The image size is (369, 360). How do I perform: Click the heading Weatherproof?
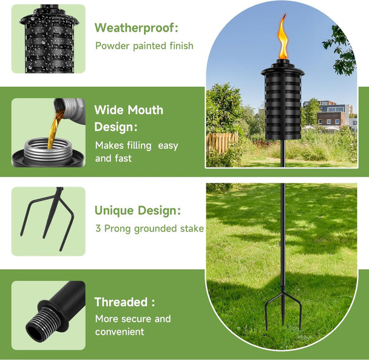[x=137, y=27]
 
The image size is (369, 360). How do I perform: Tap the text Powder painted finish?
[x=144, y=46]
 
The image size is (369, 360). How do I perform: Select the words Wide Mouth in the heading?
[x=129, y=110]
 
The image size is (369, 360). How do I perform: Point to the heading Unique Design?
[x=137, y=211]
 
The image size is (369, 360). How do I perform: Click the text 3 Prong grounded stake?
[x=149, y=229]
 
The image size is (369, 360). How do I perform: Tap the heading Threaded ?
[x=124, y=302]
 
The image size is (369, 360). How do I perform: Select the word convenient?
[x=120, y=331]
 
